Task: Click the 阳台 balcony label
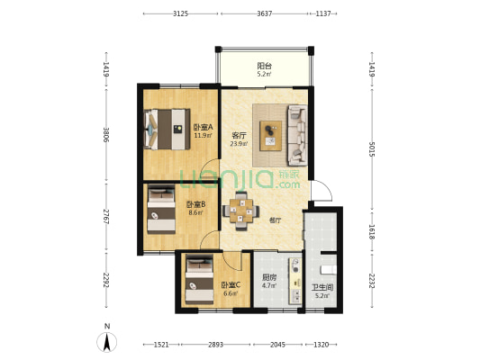point(265,66)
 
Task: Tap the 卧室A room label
point(204,127)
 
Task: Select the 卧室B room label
point(196,204)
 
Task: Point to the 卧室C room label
point(231,285)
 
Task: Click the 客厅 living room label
point(239,136)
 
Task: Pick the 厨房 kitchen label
point(269,277)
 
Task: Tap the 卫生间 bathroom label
point(322,287)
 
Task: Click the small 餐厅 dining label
point(276,220)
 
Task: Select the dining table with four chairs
point(241,211)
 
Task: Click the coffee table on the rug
point(270,136)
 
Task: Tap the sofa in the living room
point(297,135)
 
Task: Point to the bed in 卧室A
point(167,130)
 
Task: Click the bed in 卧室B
point(161,209)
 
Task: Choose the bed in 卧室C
point(199,280)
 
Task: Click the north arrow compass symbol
point(107,342)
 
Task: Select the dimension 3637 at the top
point(265,13)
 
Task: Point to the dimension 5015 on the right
point(372,149)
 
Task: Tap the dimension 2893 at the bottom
point(216,345)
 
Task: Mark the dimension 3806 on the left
point(106,135)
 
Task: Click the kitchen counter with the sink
point(295,281)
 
